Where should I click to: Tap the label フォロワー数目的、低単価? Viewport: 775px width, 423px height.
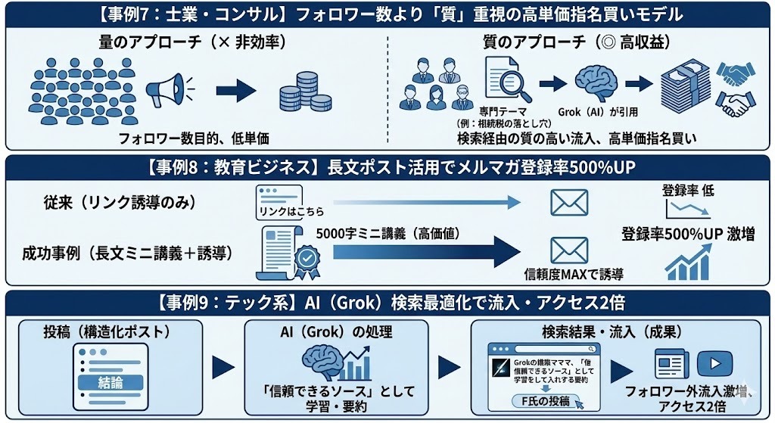(194, 138)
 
